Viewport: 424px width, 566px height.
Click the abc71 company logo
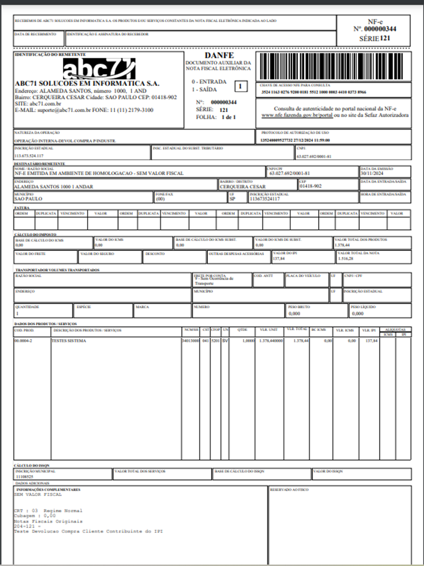click(x=99, y=69)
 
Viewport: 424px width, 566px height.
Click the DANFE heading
click(x=219, y=55)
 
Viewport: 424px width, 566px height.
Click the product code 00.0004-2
click(x=23, y=340)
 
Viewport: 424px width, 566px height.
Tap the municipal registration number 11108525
click(x=25, y=476)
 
